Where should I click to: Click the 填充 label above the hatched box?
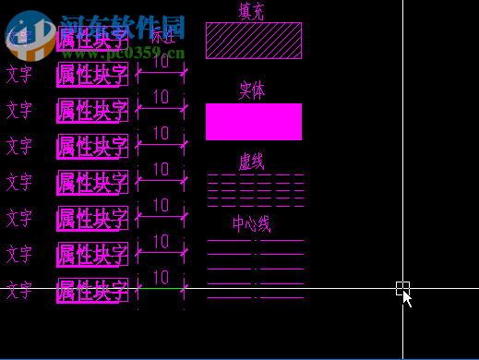click(253, 11)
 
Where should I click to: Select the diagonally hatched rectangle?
click(253, 41)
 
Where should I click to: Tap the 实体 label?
click(253, 91)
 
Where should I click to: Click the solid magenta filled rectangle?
click(253, 121)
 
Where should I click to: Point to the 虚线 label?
click(252, 162)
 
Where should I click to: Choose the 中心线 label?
click(252, 224)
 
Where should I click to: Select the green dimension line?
click(162, 289)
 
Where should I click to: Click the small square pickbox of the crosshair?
click(402, 289)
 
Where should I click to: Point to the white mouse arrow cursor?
click(407, 297)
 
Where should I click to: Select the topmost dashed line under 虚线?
click(256, 174)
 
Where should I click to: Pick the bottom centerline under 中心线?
click(256, 299)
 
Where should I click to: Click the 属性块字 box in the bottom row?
click(92, 291)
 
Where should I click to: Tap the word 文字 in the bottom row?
click(19, 291)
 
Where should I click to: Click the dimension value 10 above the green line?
click(161, 278)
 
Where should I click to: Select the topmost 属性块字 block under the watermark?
click(92, 40)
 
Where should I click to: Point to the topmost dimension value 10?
click(161, 62)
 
